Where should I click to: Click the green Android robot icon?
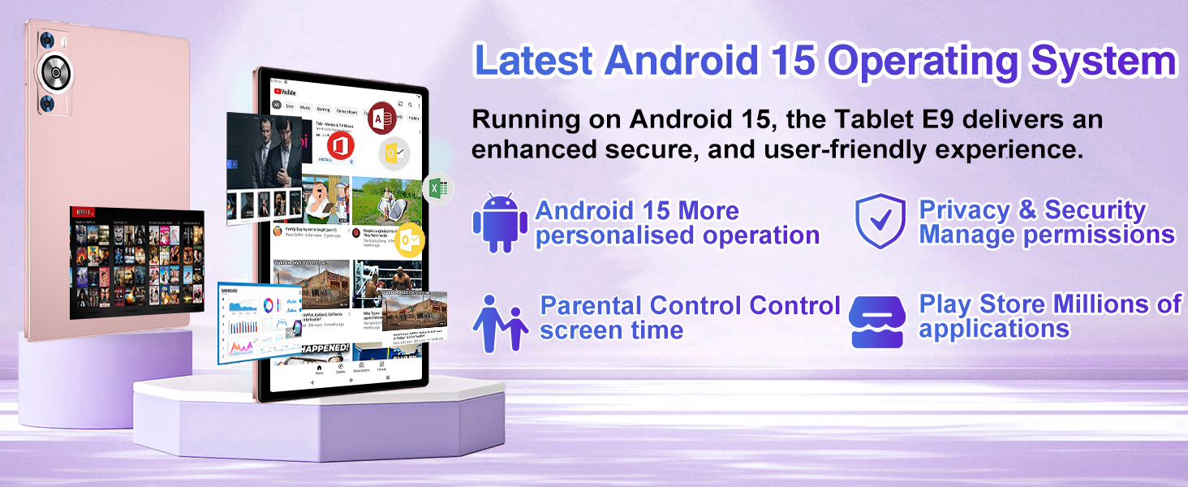click(x=499, y=222)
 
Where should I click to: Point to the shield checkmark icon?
click(x=880, y=220)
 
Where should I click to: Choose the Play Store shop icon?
click(x=876, y=321)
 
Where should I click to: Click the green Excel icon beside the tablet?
click(x=437, y=188)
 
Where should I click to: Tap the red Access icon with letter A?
click(x=381, y=119)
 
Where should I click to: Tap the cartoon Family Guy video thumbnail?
click(x=325, y=200)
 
